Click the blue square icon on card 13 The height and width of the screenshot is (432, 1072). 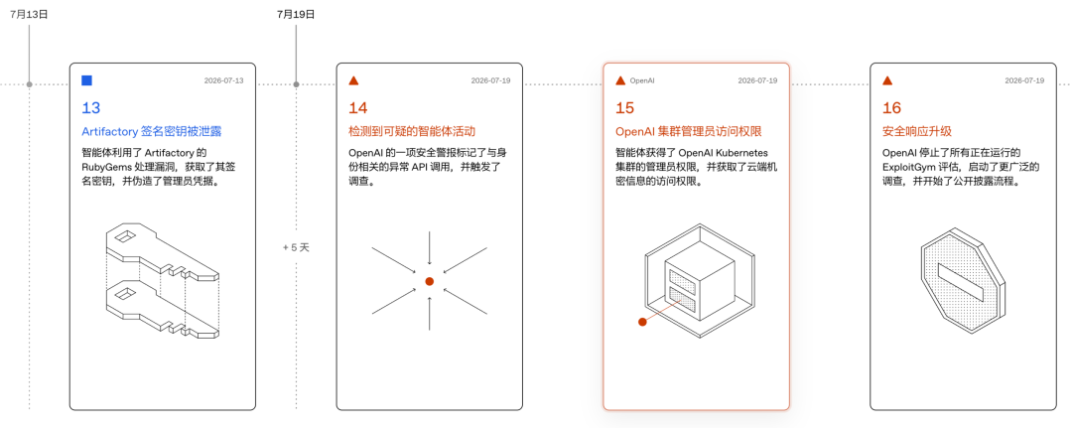(86, 80)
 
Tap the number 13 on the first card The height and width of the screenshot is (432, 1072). (91, 108)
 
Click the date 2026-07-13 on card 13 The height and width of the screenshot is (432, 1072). (223, 80)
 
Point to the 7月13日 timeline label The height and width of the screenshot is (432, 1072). (30, 14)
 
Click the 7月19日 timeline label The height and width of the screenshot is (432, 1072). (296, 14)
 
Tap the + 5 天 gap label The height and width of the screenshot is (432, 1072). (296, 247)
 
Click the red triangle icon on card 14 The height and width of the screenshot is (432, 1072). (353, 80)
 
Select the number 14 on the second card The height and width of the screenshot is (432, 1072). (358, 108)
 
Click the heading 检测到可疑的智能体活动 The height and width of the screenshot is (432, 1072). (412, 131)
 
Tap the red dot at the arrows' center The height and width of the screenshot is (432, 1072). (430, 282)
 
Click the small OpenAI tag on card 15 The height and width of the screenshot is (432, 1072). (642, 80)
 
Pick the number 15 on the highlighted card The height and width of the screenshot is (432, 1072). (625, 108)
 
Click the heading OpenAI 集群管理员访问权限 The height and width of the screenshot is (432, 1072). (689, 131)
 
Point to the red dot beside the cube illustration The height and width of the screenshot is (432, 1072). (642, 322)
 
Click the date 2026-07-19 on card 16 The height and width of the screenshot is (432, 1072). (1024, 80)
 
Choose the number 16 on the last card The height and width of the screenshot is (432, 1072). (892, 108)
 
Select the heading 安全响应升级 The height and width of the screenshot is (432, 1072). (917, 131)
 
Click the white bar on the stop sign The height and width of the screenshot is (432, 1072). (961, 282)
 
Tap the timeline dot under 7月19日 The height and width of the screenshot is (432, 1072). (296, 84)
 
